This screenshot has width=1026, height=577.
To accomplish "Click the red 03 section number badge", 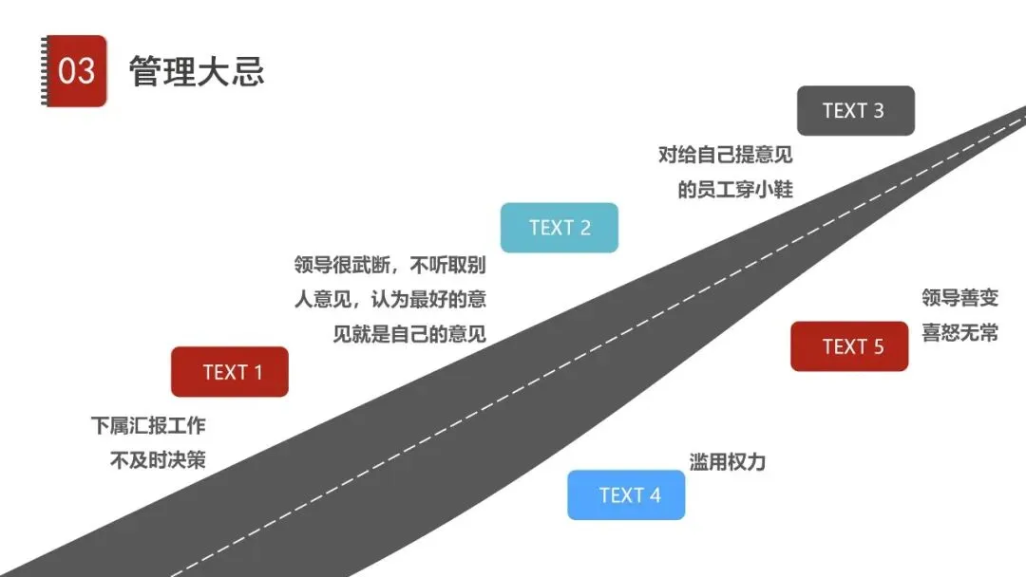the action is (x=75, y=71).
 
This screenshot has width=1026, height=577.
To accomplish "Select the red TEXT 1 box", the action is (x=230, y=372).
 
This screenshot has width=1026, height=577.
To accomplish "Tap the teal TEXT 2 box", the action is (x=560, y=228).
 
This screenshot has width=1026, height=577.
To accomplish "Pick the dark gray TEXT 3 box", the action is (x=855, y=111).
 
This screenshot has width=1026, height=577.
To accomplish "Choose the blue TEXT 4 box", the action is (x=626, y=495).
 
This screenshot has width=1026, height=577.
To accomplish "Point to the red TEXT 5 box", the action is (x=849, y=346).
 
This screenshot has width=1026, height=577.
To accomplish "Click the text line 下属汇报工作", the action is (x=148, y=426).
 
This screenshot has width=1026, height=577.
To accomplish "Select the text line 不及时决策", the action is (x=158, y=461).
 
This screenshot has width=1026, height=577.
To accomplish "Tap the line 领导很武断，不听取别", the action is (x=390, y=265).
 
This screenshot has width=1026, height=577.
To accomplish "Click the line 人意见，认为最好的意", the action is (x=390, y=300).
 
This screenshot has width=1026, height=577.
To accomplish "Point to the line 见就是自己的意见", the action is (x=409, y=334).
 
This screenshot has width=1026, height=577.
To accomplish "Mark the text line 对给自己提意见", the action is (x=726, y=154).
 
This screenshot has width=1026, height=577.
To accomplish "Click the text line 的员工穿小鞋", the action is (x=735, y=189).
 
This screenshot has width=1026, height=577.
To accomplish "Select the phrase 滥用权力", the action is (x=727, y=462).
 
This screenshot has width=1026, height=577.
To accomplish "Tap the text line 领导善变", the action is (x=960, y=298).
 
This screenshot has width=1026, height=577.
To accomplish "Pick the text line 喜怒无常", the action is (x=960, y=333).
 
